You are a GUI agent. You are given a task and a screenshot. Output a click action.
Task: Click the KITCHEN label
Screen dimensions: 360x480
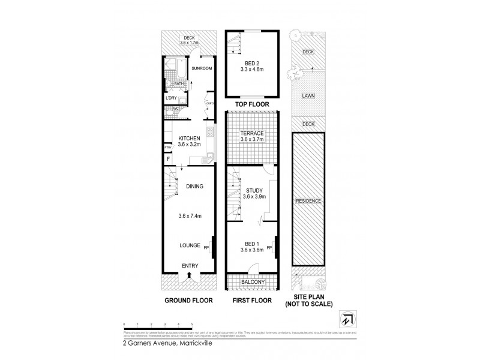coord(189,138)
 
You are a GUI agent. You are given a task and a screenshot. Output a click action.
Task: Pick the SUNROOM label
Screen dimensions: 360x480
coord(202,69)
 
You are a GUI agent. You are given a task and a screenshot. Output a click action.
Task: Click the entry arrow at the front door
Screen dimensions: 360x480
coord(189,275)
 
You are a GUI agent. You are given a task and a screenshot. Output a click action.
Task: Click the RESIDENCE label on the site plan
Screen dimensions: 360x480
coord(308,201)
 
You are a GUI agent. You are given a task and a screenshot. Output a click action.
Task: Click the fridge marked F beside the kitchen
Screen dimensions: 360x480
coord(168,159)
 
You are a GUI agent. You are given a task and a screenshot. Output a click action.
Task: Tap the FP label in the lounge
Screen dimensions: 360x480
coord(206,247)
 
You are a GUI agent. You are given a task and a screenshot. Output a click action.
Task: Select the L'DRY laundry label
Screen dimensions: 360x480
coord(171,98)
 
